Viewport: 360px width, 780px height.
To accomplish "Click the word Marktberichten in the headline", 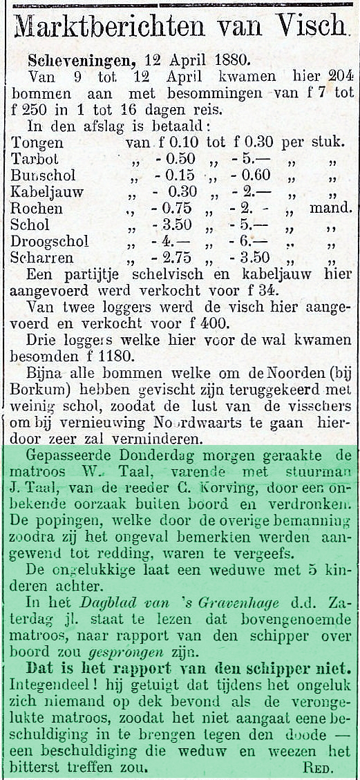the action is pos(108,28).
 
